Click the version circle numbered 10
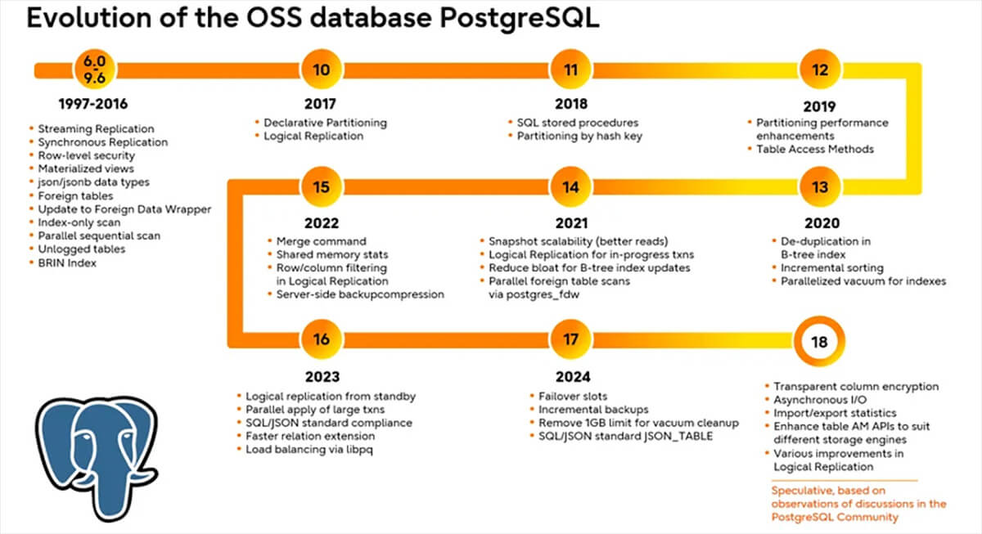322,70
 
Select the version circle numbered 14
570,187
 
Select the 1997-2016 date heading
92,105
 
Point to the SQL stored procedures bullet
577,123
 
